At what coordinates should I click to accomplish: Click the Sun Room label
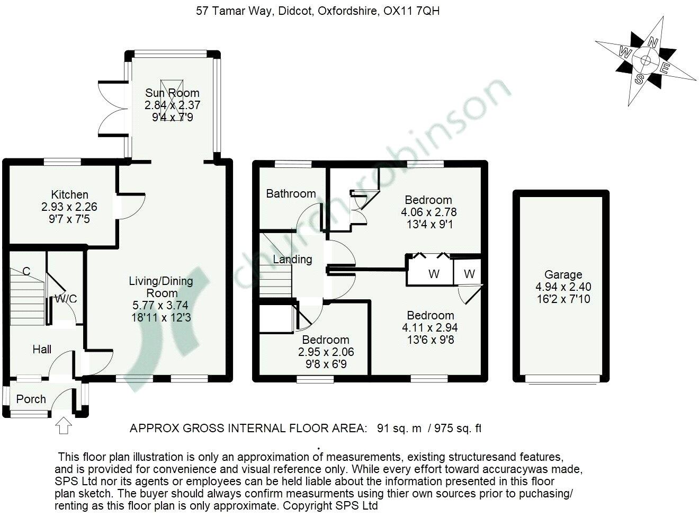(173, 93)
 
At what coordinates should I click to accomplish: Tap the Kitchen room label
(69, 194)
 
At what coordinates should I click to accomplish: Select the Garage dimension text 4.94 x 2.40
(563, 287)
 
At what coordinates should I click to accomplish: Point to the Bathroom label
(291, 194)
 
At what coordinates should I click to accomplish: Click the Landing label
(292, 259)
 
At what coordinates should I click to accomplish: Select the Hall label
(42, 349)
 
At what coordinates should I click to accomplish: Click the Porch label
(31, 399)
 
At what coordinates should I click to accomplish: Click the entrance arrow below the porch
(64, 425)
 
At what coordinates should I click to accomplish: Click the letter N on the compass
(655, 43)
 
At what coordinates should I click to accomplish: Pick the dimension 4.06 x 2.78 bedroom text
(428, 212)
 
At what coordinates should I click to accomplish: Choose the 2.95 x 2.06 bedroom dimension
(325, 352)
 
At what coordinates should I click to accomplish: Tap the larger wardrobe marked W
(433, 274)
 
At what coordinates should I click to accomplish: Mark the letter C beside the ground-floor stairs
(26, 271)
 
